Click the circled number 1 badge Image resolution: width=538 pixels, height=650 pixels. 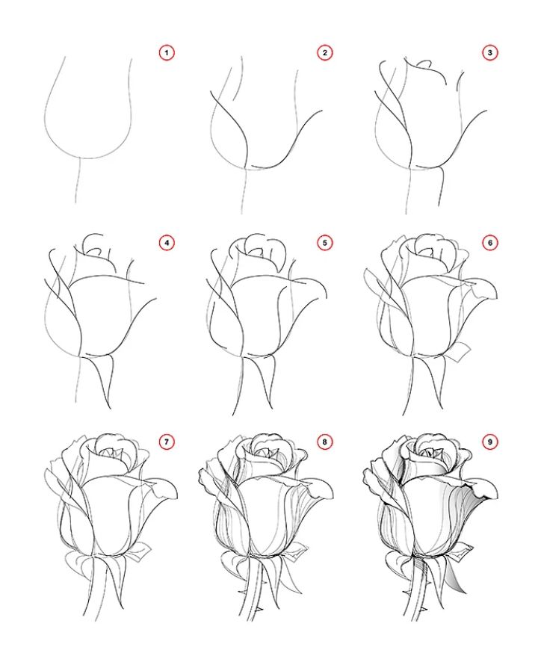167,52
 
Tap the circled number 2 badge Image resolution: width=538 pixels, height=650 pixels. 324,52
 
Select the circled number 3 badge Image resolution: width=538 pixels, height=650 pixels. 490,52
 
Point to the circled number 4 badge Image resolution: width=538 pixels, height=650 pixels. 167,243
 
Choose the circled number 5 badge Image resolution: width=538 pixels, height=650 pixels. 324,243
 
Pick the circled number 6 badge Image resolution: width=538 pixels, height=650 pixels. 490,243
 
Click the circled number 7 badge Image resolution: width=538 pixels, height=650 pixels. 167,442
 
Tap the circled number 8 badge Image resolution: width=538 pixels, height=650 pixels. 324,442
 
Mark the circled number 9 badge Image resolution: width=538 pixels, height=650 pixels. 490,442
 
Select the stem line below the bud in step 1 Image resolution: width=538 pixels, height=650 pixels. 78,180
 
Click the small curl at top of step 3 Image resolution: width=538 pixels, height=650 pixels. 424,64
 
